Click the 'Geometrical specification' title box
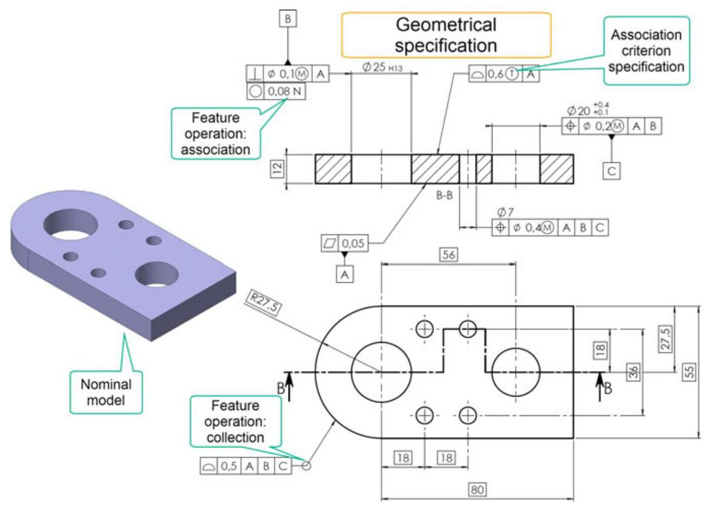coord(447,35)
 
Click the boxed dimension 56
coord(448,255)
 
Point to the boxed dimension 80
coord(478,489)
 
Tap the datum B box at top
coord(287,19)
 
